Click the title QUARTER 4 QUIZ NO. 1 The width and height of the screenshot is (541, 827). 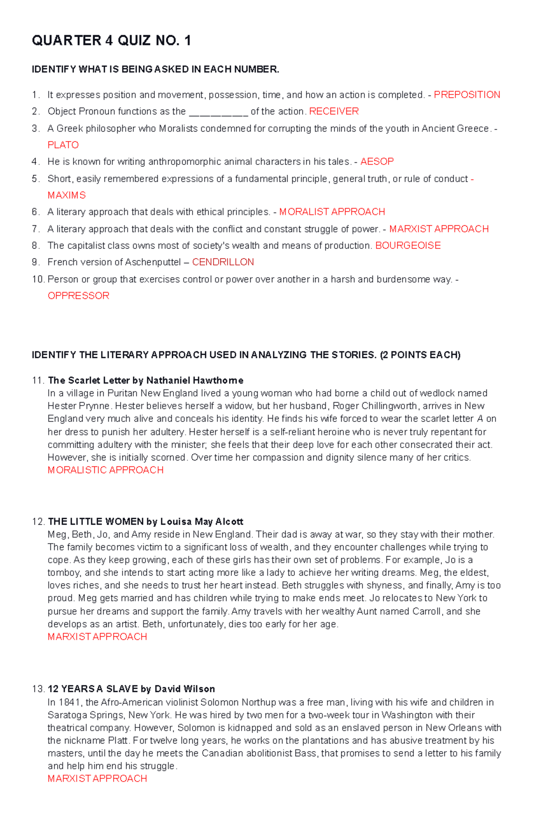tap(111, 41)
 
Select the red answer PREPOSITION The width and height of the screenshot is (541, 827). tap(467, 95)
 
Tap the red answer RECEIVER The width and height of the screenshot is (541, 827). tap(334, 111)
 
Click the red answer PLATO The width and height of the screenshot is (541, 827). tap(63, 145)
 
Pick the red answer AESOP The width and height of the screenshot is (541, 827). tap(377, 161)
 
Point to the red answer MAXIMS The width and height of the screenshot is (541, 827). tap(67, 195)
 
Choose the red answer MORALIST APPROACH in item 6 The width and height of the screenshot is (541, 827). tap(332, 212)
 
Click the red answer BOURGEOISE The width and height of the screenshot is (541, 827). tap(408, 246)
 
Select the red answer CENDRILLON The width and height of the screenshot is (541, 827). tap(223, 262)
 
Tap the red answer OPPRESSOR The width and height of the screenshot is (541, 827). tap(78, 296)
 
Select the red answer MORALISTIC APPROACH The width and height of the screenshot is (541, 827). tap(105, 470)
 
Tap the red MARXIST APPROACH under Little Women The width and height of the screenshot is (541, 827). tap(97, 637)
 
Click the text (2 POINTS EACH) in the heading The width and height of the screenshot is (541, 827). tap(420, 355)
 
